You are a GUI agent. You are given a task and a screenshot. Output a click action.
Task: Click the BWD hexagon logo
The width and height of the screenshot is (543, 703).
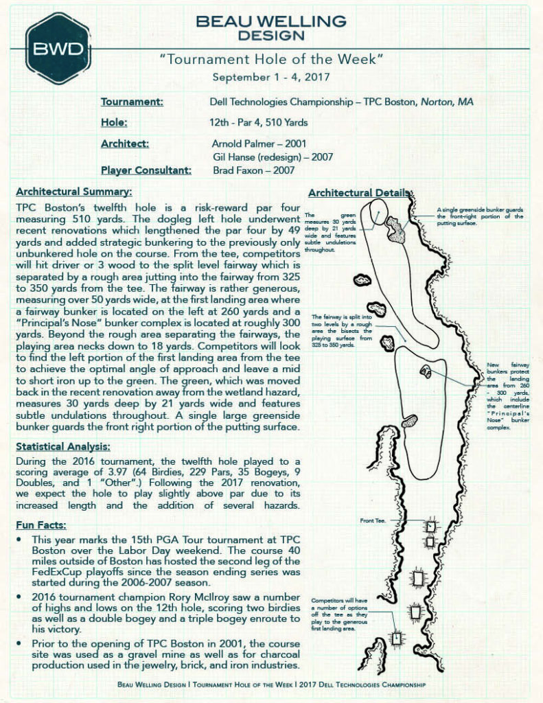(x=58, y=48)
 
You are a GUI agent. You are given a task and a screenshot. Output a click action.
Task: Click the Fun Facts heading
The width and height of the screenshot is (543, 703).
(x=41, y=525)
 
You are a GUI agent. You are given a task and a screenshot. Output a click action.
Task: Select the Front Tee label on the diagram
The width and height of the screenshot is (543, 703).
(x=373, y=521)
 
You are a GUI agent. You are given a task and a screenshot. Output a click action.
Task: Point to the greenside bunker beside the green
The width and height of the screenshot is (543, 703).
(x=396, y=229)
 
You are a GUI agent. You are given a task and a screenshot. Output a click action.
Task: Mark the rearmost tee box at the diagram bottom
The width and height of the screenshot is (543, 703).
(x=396, y=638)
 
